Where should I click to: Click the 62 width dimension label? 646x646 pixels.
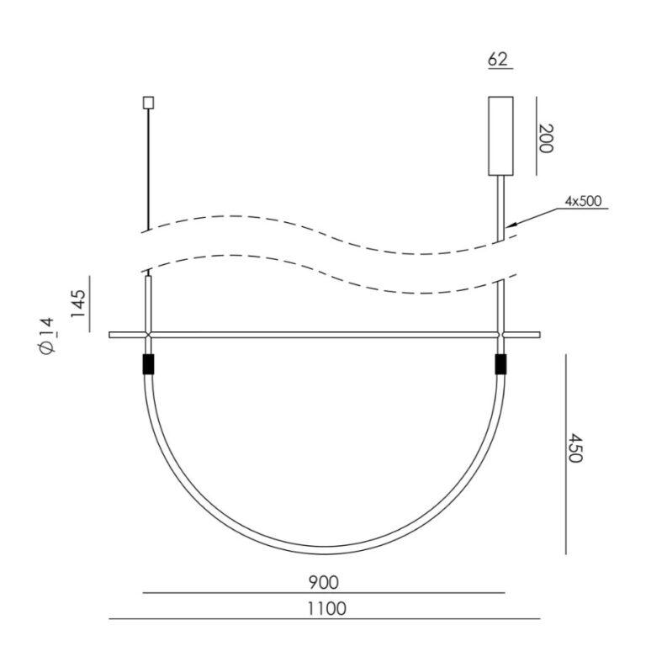[x=498, y=60]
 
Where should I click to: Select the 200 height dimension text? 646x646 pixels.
[x=545, y=139]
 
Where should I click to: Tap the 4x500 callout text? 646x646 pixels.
[x=583, y=202]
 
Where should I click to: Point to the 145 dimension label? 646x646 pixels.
[x=78, y=303]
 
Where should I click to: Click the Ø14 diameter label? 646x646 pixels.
[x=46, y=336]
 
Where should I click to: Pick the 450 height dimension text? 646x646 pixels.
[x=575, y=447]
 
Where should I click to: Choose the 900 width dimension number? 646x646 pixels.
[x=323, y=583]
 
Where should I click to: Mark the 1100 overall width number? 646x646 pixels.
[x=326, y=609]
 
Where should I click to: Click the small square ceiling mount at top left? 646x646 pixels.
[x=148, y=103]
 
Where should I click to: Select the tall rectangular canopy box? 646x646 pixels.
[x=500, y=136]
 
